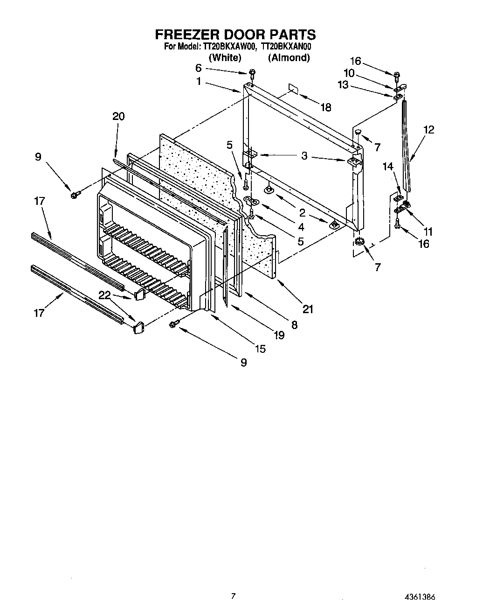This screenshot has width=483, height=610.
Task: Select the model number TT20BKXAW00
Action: [x=229, y=47]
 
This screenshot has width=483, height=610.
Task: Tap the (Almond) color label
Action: [x=289, y=57]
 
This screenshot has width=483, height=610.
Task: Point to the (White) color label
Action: [x=225, y=57]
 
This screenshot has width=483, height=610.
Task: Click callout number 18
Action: [x=325, y=107]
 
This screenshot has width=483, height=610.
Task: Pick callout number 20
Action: [x=118, y=116]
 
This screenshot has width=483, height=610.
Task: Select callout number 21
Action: [x=308, y=309]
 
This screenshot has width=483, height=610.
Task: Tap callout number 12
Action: [x=428, y=129]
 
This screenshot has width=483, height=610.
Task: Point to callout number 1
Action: [x=199, y=81]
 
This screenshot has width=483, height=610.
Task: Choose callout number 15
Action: [x=260, y=348]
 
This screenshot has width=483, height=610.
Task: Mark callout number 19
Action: [x=279, y=335]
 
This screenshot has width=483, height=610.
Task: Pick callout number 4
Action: [x=301, y=227]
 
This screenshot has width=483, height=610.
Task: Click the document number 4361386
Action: [x=420, y=596]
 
